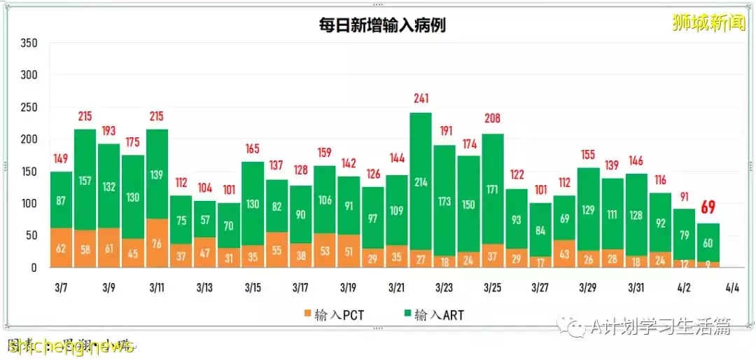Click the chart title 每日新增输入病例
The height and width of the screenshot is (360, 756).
click(x=379, y=26)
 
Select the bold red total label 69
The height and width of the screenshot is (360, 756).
click(x=708, y=207)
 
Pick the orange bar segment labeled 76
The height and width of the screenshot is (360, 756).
click(x=157, y=243)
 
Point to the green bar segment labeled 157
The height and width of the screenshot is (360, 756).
click(x=85, y=180)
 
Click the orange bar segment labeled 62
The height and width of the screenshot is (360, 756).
click(x=61, y=248)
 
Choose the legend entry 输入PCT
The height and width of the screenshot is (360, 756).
click(x=335, y=315)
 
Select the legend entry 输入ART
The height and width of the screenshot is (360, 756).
click(x=431, y=315)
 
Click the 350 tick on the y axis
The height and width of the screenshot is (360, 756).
click(x=29, y=43)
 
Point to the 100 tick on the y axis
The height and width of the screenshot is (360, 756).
click(x=29, y=204)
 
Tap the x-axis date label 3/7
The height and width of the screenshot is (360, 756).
click(x=61, y=288)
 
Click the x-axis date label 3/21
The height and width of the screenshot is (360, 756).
click(x=396, y=288)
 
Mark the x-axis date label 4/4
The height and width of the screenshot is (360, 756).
click(x=732, y=288)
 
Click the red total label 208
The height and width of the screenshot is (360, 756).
click(x=492, y=118)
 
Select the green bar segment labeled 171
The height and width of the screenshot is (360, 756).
click(x=492, y=189)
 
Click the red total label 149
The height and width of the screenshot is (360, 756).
click(x=61, y=160)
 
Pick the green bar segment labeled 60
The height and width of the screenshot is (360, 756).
click(x=708, y=243)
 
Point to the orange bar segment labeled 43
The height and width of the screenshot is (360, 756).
click(x=564, y=254)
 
